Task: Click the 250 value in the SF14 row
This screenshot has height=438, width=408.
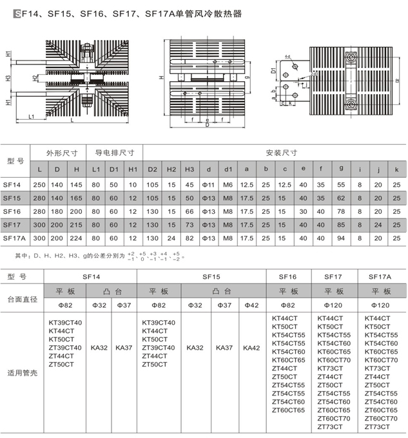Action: pyautogui.click(x=40, y=184)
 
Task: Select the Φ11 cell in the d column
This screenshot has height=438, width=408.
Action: pyautogui.click(x=209, y=184)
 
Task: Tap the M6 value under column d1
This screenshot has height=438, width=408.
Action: pyautogui.click(x=228, y=184)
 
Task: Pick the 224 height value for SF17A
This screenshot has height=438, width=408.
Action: pyautogui.click(x=77, y=238)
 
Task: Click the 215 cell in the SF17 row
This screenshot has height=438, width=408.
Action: pyautogui.click(x=77, y=224)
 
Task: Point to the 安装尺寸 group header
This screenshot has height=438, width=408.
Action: pyautogui.click(x=282, y=153)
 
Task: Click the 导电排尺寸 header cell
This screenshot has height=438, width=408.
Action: pyautogui.click(x=115, y=153)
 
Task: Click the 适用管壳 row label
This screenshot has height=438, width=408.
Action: pyautogui.click(x=23, y=372)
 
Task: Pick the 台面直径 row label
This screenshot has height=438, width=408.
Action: pyautogui.click(x=23, y=299)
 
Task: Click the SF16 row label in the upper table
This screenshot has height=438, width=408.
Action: pyautogui.click(x=13, y=211)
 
